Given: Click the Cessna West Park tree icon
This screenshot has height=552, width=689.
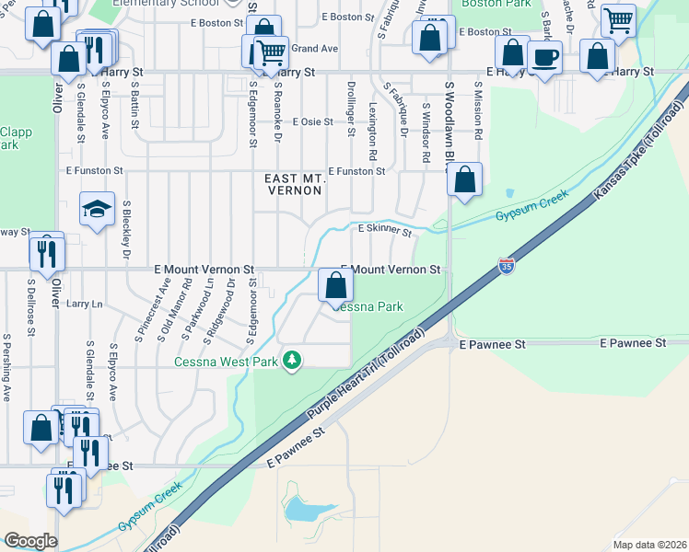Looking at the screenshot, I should coord(292,359).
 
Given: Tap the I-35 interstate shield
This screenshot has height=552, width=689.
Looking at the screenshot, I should coord(507,265).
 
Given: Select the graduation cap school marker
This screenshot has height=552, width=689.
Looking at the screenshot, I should coord(97,209).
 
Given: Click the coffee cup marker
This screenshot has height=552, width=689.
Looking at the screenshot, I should coord(544,58).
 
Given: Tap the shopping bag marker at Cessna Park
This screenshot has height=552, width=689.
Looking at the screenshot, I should coord(335,286).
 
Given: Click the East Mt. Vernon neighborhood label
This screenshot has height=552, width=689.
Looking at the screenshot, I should coord(293,184).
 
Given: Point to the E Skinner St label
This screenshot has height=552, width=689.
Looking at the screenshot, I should coord(384,229).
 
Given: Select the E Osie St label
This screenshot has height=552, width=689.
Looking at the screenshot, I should coord(311,121).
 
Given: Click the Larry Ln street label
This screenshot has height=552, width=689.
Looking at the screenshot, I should coord(84,303).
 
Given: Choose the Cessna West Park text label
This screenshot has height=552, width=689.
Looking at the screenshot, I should coord(226,362).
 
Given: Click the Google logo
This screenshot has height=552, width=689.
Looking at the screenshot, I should coord(29,541).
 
